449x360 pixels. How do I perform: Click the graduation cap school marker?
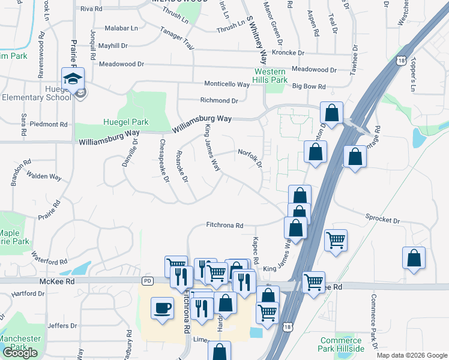(73, 79)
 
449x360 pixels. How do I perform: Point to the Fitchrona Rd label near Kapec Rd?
(224, 226)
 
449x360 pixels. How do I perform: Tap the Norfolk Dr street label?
(250, 157)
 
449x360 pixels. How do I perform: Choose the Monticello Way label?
(226, 84)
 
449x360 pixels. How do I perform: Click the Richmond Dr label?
(215, 100)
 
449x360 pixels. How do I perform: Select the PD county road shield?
(148, 281)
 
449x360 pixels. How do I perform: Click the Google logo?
(20, 353)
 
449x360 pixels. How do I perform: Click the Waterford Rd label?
(50, 259)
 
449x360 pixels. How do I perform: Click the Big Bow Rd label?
(309, 86)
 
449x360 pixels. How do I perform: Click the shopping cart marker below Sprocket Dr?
(336, 240)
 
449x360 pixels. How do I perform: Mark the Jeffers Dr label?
(60, 326)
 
